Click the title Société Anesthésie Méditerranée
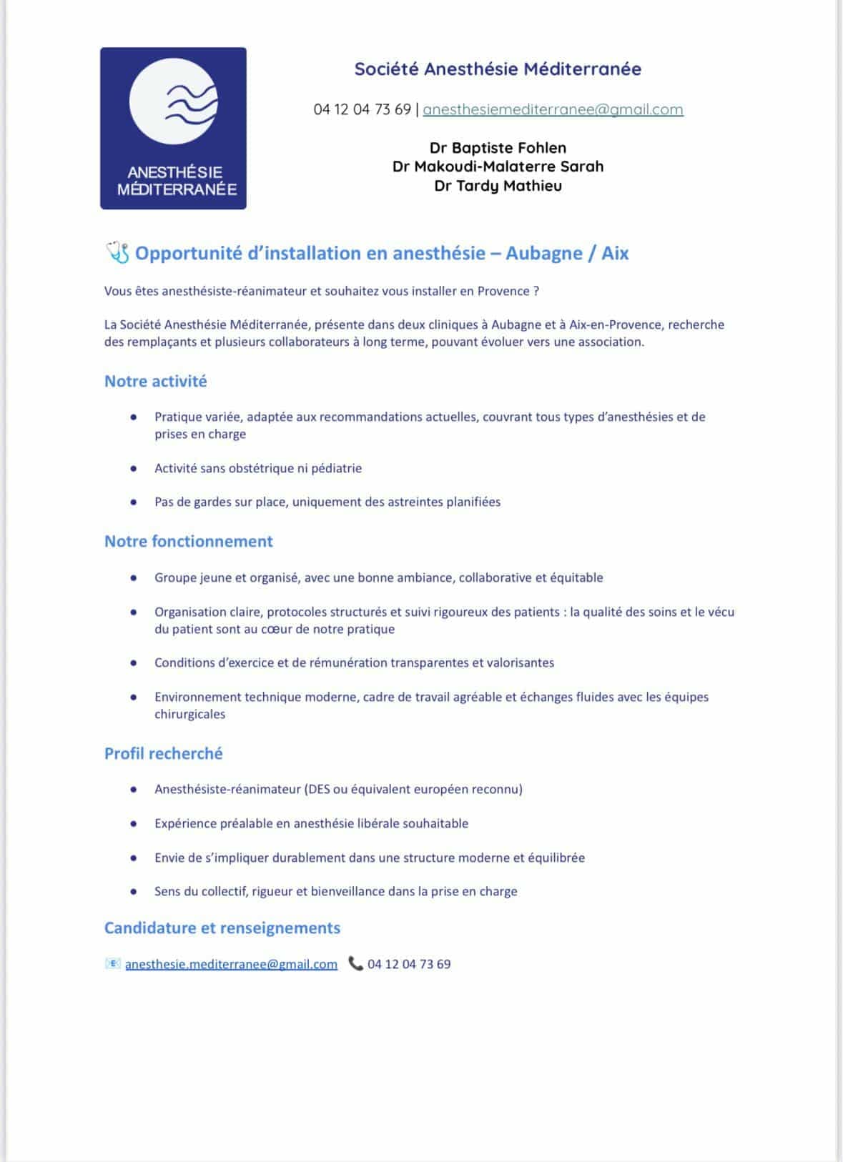[498, 69]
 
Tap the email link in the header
[553, 109]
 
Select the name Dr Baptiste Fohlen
[498, 148]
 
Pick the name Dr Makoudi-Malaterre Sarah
[498, 167]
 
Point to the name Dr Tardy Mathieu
[498, 186]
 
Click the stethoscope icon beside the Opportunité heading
[117, 252]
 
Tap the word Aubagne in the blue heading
[543, 254]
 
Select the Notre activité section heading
[155, 381]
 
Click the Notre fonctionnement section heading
[188, 541]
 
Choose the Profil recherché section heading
[163, 753]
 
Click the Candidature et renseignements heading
[222, 928]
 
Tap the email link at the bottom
[231, 964]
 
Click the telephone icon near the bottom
[355, 964]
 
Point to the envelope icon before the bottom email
[112, 964]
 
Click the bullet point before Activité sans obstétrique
[134, 469]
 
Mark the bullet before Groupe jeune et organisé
[134, 578]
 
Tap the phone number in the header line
[362, 109]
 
